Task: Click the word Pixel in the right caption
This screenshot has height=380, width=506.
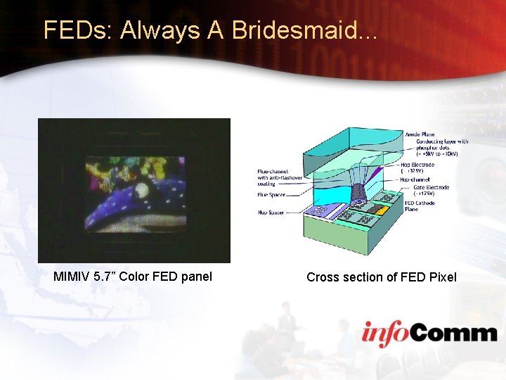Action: click(x=439, y=277)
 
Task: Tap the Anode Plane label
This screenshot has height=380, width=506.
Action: click(x=420, y=134)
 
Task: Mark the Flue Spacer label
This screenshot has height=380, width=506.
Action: click(x=271, y=196)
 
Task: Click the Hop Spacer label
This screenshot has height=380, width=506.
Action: click(x=271, y=212)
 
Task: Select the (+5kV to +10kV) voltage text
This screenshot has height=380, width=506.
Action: click(x=438, y=153)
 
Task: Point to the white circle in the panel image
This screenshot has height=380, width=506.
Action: click(x=141, y=189)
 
